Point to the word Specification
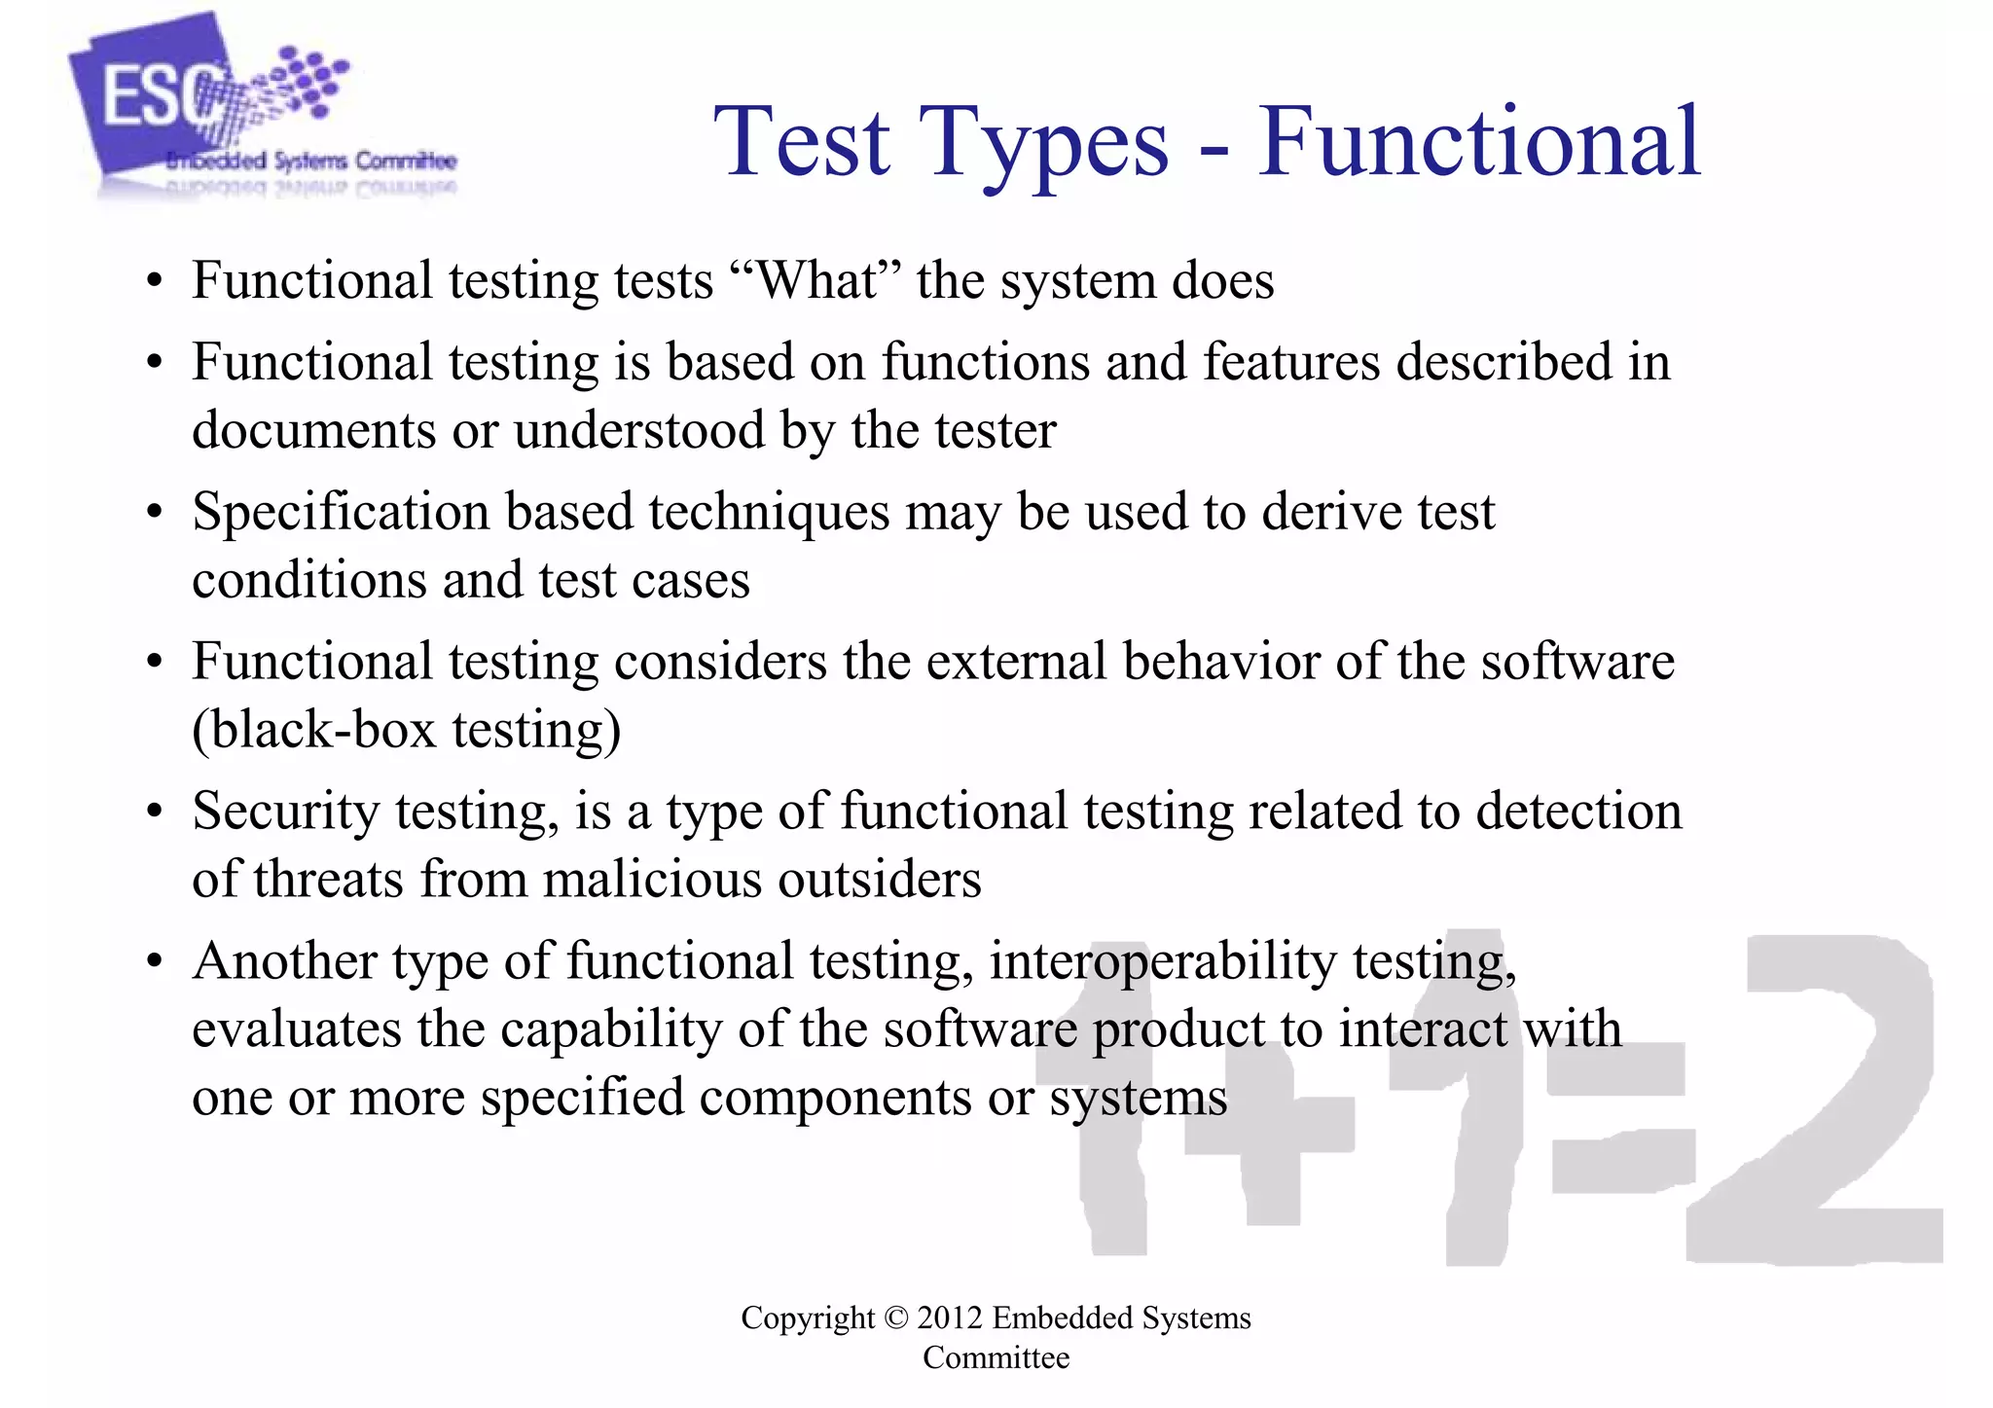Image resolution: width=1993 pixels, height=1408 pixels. (x=341, y=513)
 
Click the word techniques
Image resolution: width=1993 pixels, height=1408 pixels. (x=769, y=513)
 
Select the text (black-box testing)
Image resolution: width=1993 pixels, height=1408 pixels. (x=406, y=730)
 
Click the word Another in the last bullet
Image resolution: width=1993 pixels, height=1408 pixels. (x=284, y=961)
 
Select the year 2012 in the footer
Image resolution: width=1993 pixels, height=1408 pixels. (x=950, y=1318)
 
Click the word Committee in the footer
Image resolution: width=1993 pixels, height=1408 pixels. (x=996, y=1357)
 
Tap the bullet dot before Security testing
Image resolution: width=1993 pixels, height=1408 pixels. (x=154, y=812)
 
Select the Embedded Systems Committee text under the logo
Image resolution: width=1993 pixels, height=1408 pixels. (x=310, y=161)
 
